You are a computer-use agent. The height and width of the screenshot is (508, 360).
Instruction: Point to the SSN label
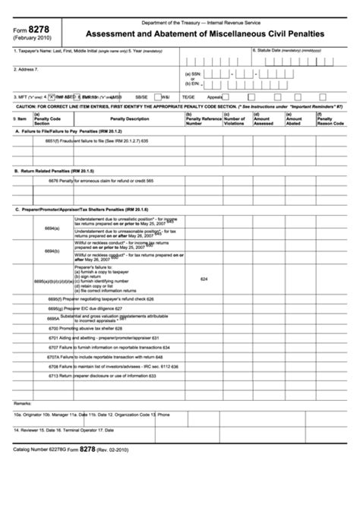tap(192, 74)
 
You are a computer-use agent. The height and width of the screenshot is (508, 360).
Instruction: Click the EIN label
tap(192, 84)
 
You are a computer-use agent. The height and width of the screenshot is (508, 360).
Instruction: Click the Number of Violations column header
tap(235, 120)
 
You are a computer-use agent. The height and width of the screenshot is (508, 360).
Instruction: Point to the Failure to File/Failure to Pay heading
tap(69, 131)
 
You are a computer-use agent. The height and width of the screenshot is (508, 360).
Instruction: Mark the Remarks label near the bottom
tap(23, 402)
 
